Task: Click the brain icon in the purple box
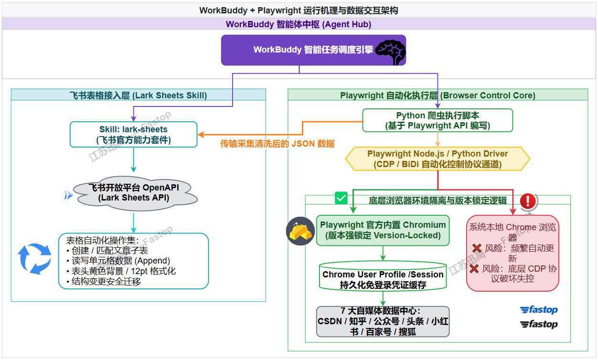click(x=391, y=52)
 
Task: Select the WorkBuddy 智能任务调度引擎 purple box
click(x=313, y=50)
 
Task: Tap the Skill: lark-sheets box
click(x=133, y=135)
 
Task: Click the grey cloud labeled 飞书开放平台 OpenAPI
click(x=135, y=193)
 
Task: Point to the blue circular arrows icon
click(x=34, y=259)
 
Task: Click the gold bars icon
click(x=300, y=231)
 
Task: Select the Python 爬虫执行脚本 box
click(x=438, y=120)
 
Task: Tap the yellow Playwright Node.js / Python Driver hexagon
click(x=438, y=159)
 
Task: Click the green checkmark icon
click(x=341, y=198)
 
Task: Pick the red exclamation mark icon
click(x=528, y=201)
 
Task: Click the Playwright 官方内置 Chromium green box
click(x=383, y=230)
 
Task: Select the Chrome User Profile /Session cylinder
click(x=383, y=276)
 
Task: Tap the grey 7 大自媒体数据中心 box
click(x=383, y=321)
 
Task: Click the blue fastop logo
click(x=539, y=310)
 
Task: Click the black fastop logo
click(x=539, y=324)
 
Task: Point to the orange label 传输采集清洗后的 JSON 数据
click(x=278, y=144)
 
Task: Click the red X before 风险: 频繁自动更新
click(x=477, y=248)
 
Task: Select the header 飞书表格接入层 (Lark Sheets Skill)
click(x=139, y=95)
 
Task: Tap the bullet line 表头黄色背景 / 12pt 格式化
click(x=121, y=271)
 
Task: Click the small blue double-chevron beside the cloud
click(x=68, y=195)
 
